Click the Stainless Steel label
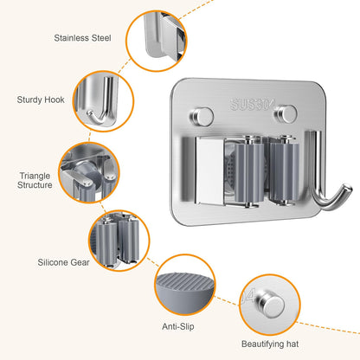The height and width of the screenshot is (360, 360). coord(82,38)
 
